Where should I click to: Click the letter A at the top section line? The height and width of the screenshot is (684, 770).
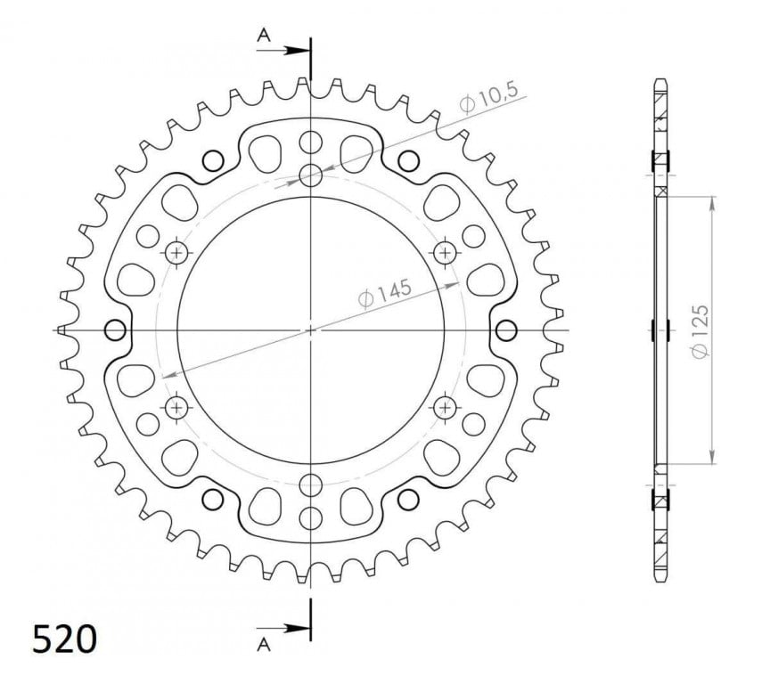coord(264,36)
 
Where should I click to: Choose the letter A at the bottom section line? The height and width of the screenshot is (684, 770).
coord(264,642)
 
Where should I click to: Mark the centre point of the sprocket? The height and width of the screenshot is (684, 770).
coord(311,330)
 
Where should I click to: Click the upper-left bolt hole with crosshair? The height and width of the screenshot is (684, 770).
coord(177,253)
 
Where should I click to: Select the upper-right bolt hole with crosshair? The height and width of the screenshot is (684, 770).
coord(445,253)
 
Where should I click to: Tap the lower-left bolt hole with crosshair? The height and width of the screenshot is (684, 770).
coord(177,407)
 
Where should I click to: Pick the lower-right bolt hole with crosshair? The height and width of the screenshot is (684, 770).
coord(445,407)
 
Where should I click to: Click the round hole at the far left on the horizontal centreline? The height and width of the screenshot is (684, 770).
coord(115,330)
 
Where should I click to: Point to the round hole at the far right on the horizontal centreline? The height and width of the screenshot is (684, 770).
coord(507,330)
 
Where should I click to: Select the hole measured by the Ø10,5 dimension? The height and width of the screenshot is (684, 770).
coord(311,175)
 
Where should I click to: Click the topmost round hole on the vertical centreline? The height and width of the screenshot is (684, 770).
coord(311,142)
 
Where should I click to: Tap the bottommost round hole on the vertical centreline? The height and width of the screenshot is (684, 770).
coord(311,518)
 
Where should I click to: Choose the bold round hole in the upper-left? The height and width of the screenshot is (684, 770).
coord(213,160)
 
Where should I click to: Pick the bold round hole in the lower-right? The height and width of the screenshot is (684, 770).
coord(409,499)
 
